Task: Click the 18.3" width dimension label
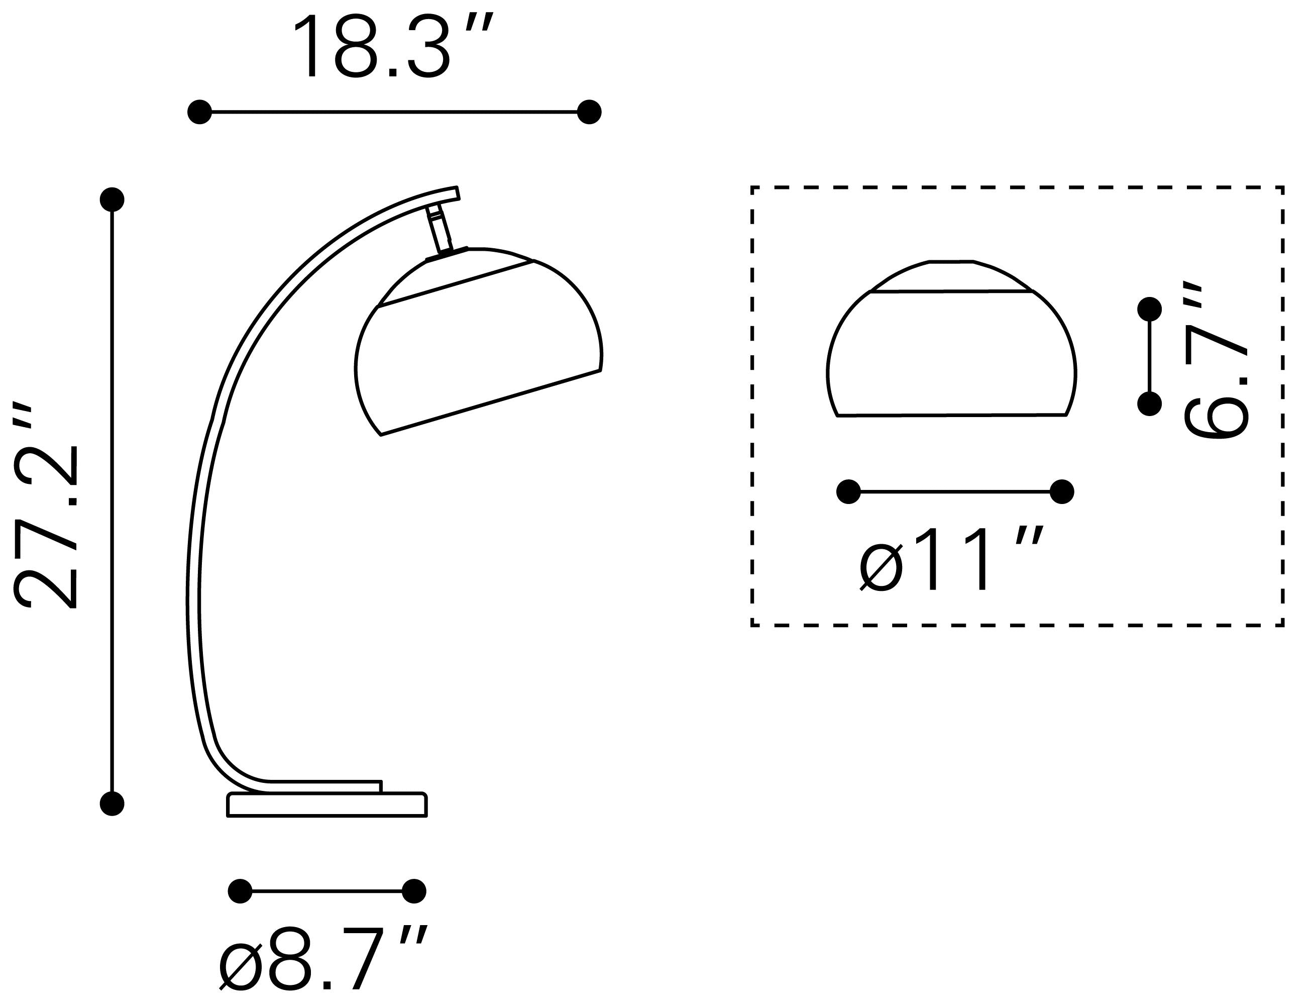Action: pyautogui.click(x=392, y=47)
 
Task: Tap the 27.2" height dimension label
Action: pyautogui.click(x=46, y=506)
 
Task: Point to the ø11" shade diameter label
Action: pyautogui.click(x=951, y=559)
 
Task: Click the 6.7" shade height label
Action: pyautogui.click(x=1216, y=361)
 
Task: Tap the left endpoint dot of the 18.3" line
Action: pyautogui.click(x=200, y=112)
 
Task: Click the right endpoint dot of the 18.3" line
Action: pyautogui.click(x=589, y=112)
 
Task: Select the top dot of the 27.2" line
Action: pyautogui.click(x=112, y=199)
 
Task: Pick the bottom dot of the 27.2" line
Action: pyautogui.click(x=112, y=803)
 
